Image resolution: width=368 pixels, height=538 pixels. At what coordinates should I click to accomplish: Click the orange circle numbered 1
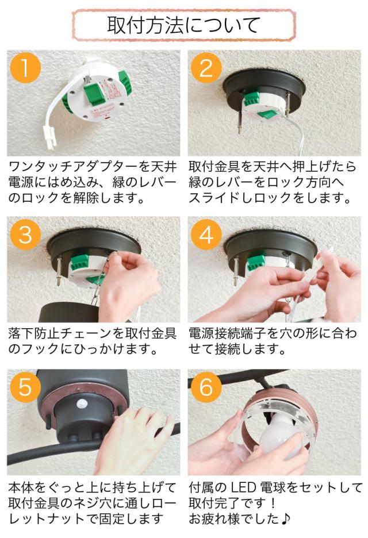point(25,68)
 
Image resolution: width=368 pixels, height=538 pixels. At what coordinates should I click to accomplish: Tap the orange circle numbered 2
point(206,68)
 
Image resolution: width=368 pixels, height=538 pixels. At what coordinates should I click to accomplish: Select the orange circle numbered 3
point(25,235)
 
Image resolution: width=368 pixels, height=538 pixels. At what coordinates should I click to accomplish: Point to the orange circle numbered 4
point(206,235)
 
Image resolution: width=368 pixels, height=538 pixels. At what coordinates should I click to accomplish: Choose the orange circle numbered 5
point(25,387)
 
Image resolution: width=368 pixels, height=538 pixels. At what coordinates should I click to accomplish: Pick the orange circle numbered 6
point(206,387)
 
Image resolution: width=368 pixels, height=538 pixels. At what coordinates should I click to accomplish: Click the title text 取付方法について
point(183,25)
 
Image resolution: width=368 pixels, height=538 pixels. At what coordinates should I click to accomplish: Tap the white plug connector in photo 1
point(51,138)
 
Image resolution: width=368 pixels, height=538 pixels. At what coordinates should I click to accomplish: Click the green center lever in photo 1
point(94,94)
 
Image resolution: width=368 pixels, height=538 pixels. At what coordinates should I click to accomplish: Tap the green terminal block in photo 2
point(251,99)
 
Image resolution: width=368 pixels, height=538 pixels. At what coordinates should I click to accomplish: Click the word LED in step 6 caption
point(243,487)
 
